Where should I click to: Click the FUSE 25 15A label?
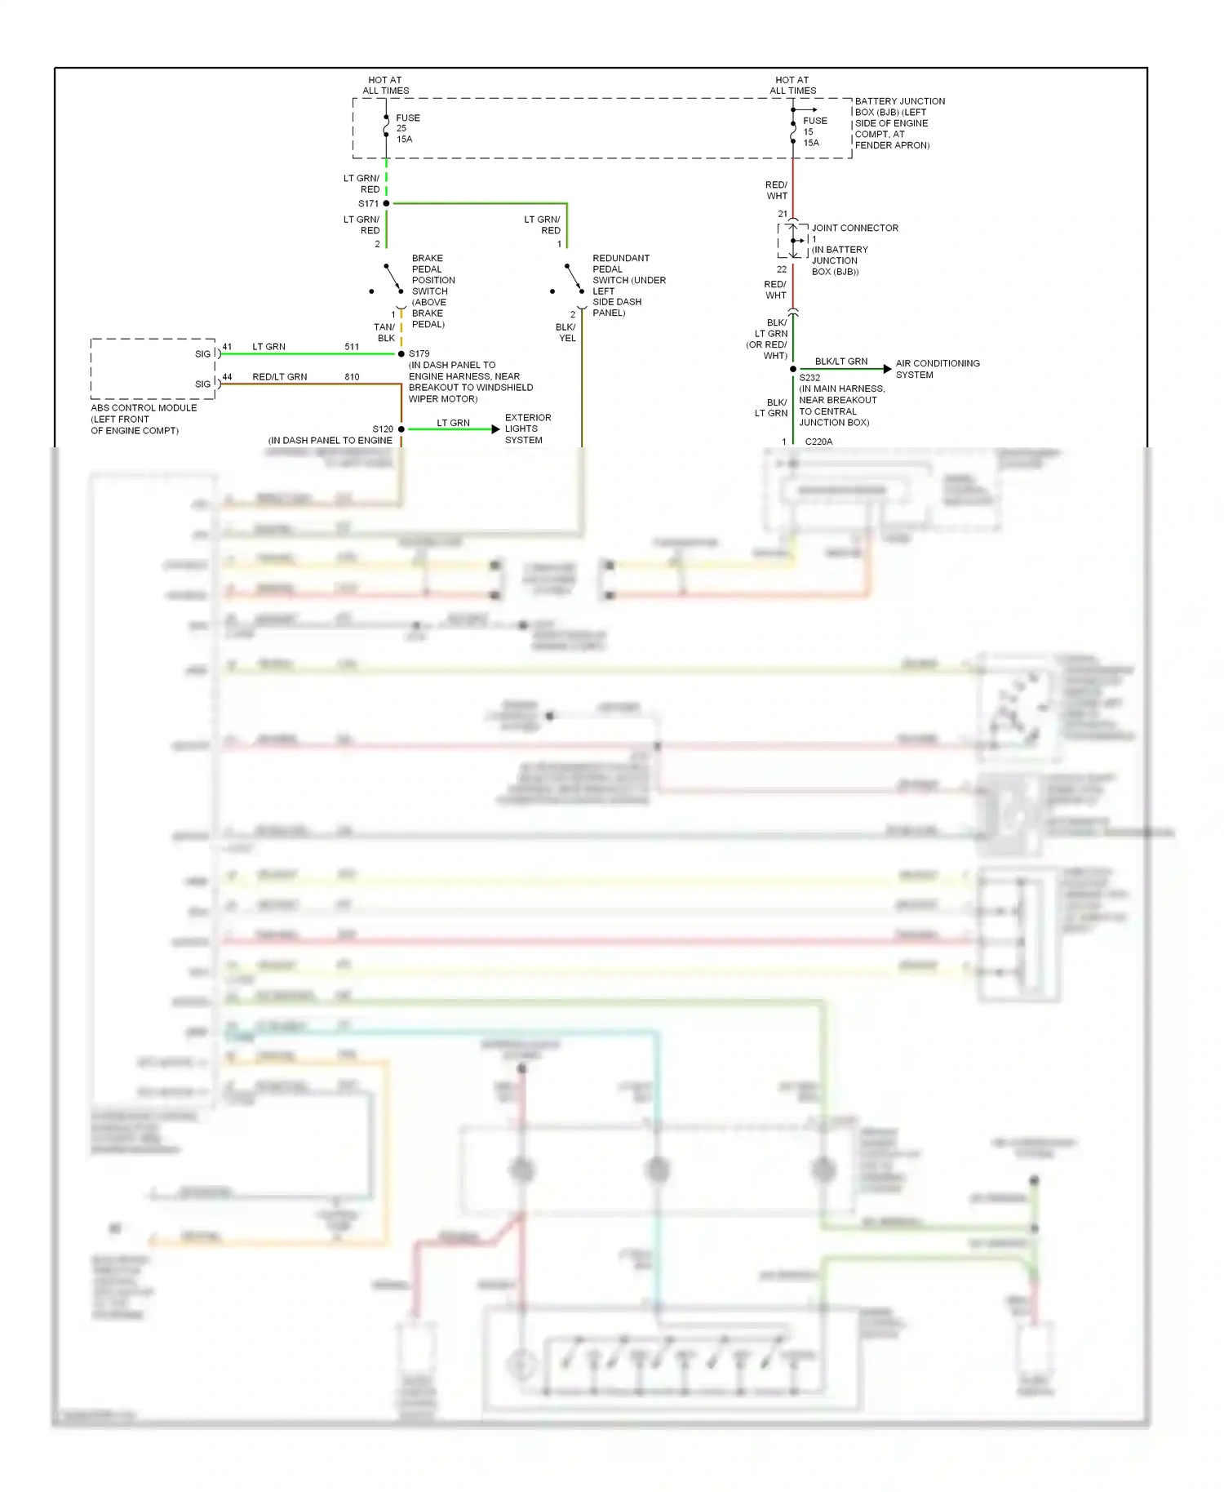point(407,128)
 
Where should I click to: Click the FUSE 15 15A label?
point(814,131)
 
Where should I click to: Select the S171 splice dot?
point(386,203)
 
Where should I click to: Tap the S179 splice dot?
point(401,354)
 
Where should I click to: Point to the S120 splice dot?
point(401,429)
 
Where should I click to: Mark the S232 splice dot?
point(793,370)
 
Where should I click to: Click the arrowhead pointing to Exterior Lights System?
point(495,429)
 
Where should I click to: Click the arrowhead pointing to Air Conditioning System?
point(887,370)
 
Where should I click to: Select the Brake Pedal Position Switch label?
point(432,291)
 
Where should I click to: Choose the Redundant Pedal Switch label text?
point(628,286)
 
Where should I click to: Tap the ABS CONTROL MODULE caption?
point(144,419)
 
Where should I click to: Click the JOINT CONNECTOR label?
point(854,229)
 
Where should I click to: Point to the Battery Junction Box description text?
point(899,123)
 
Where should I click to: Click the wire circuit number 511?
point(352,347)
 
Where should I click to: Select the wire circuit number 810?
point(352,377)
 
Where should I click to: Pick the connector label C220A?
point(818,442)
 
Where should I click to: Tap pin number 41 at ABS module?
point(227,347)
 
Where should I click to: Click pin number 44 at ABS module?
point(227,377)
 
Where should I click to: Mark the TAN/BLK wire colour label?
point(384,332)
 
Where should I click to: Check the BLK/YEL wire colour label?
point(565,332)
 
